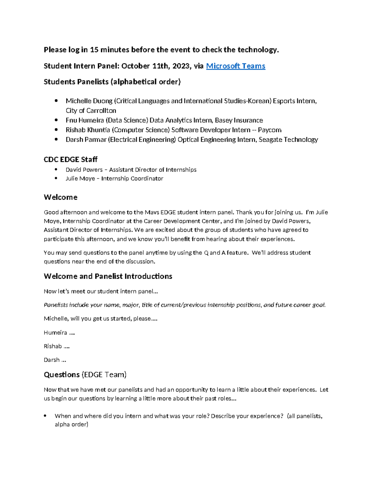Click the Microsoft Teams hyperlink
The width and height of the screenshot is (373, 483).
click(x=235, y=66)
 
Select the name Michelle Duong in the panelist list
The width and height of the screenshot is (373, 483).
click(x=89, y=101)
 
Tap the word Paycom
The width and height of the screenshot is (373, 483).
click(x=269, y=130)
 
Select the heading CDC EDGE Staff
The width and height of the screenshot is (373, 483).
click(x=71, y=160)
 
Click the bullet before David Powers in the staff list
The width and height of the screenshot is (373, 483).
click(x=56, y=170)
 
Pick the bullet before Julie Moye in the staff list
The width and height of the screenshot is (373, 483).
click(x=56, y=178)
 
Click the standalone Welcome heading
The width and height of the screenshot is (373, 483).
click(x=61, y=197)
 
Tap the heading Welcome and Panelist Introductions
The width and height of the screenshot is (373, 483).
click(x=108, y=276)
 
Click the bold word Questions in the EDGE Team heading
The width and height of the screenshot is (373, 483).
click(x=62, y=374)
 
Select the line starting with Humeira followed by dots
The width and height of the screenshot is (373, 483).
click(x=59, y=332)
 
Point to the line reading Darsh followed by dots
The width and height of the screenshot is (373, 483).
click(x=55, y=360)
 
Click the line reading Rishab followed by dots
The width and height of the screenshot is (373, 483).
click(x=57, y=346)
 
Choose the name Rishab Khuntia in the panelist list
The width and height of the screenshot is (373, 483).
click(x=88, y=130)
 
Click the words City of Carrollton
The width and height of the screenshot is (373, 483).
click(x=91, y=111)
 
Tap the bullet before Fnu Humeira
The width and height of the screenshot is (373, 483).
click(x=56, y=120)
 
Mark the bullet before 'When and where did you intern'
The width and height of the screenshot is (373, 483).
click(x=45, y=416)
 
